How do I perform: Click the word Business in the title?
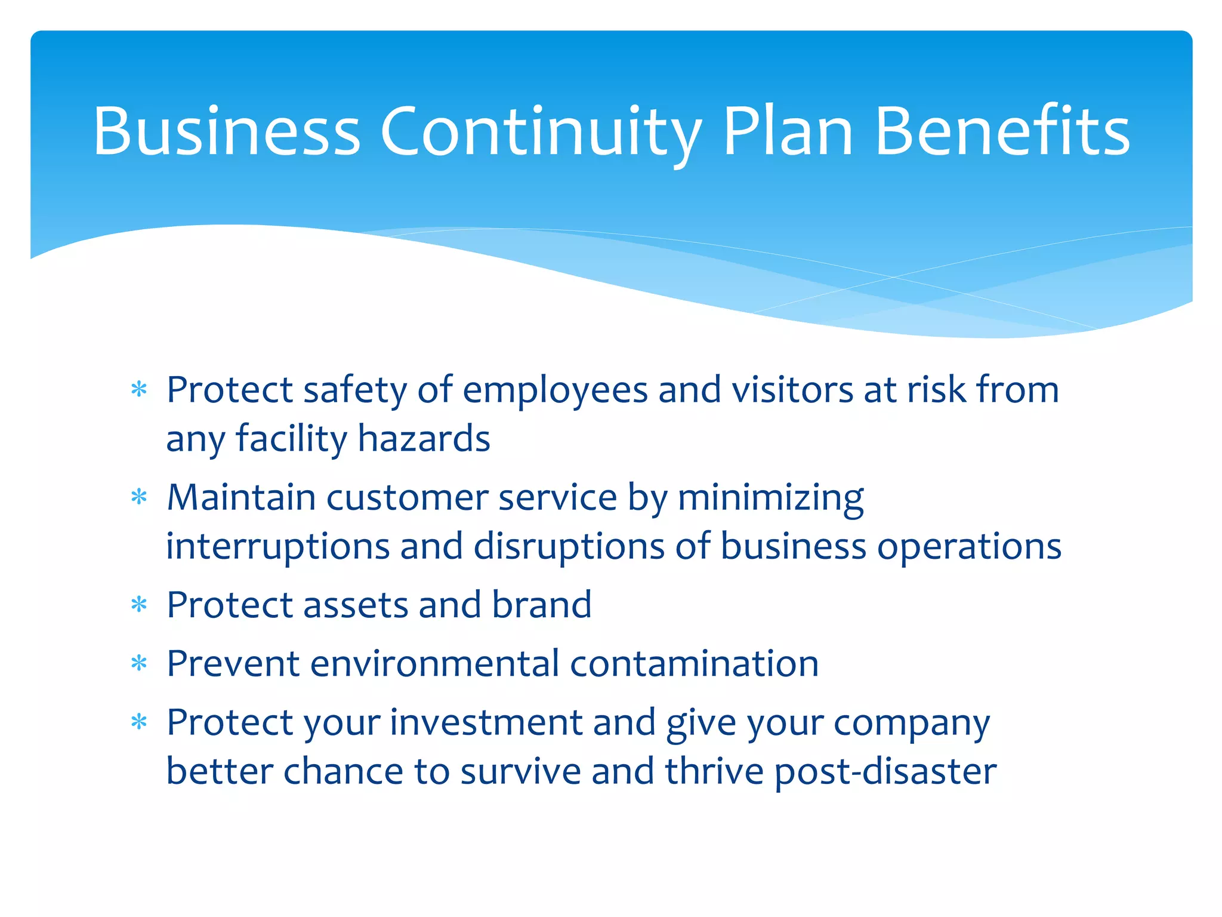[x=227, y=131]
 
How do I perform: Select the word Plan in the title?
[x=788, y=131]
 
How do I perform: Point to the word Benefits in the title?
[x=1002, y=131]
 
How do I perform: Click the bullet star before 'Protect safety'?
[x=139, y=390]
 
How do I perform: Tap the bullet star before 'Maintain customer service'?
[x=139, y=497]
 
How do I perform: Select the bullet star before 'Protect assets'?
[x=139, y=605]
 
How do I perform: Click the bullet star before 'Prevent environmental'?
[x=139, y=664]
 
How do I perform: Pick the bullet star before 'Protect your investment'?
[x=139, y=723]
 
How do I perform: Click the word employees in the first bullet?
[x=555, y=391]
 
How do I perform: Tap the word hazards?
[x=424, y=439]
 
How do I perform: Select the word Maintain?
[x=241, y=497]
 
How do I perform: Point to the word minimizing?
[x=771, y=498]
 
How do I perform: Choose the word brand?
[x=542, y=605]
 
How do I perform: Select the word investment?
[x=486, y=723]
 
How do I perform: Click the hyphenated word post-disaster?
[x=885, y=772]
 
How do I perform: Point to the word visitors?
[x=792, y=390]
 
